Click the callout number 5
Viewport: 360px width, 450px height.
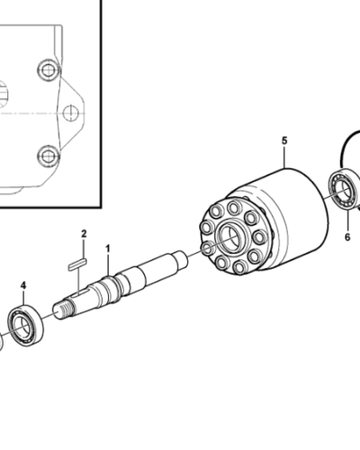pyautogui.click(x=284, y=141)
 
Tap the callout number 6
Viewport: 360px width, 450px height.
pyautogui.click(x=347, y=238)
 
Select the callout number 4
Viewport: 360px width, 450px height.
pyautogui.click(x=24, y=286)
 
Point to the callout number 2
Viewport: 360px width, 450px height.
pyautogui.click(x=84, y=234)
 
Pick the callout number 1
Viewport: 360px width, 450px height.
pyautogui.click(x=108, y=247)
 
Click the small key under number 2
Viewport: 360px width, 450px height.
pyautogui.click(x=76, y=263)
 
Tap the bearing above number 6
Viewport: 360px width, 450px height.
pyautogui.click(x=344, y=189)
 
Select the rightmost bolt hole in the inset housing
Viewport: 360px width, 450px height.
pyautogui.click(x=71, y=112)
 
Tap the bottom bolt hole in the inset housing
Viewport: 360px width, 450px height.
pyautogui.click(x=47, y=155)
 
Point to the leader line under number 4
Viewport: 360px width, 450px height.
pyautogui.click(x=24, y=299)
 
